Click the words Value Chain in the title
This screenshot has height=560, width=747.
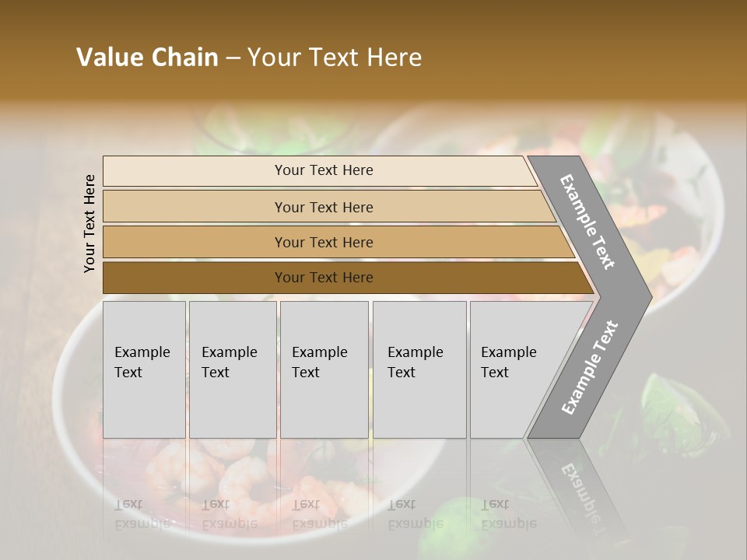point(147,58)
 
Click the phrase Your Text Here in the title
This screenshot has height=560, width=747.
point(335,58)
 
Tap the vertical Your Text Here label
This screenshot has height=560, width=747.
point(89,223)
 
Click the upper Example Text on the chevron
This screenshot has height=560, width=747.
point(587,222)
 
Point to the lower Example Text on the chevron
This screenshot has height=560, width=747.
point(590,367)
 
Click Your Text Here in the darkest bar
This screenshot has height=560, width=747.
point(324,278)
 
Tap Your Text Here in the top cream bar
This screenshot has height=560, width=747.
point(324,170)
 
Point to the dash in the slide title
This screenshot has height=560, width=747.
point(233,58)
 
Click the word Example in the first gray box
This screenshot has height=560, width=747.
point(142,352)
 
